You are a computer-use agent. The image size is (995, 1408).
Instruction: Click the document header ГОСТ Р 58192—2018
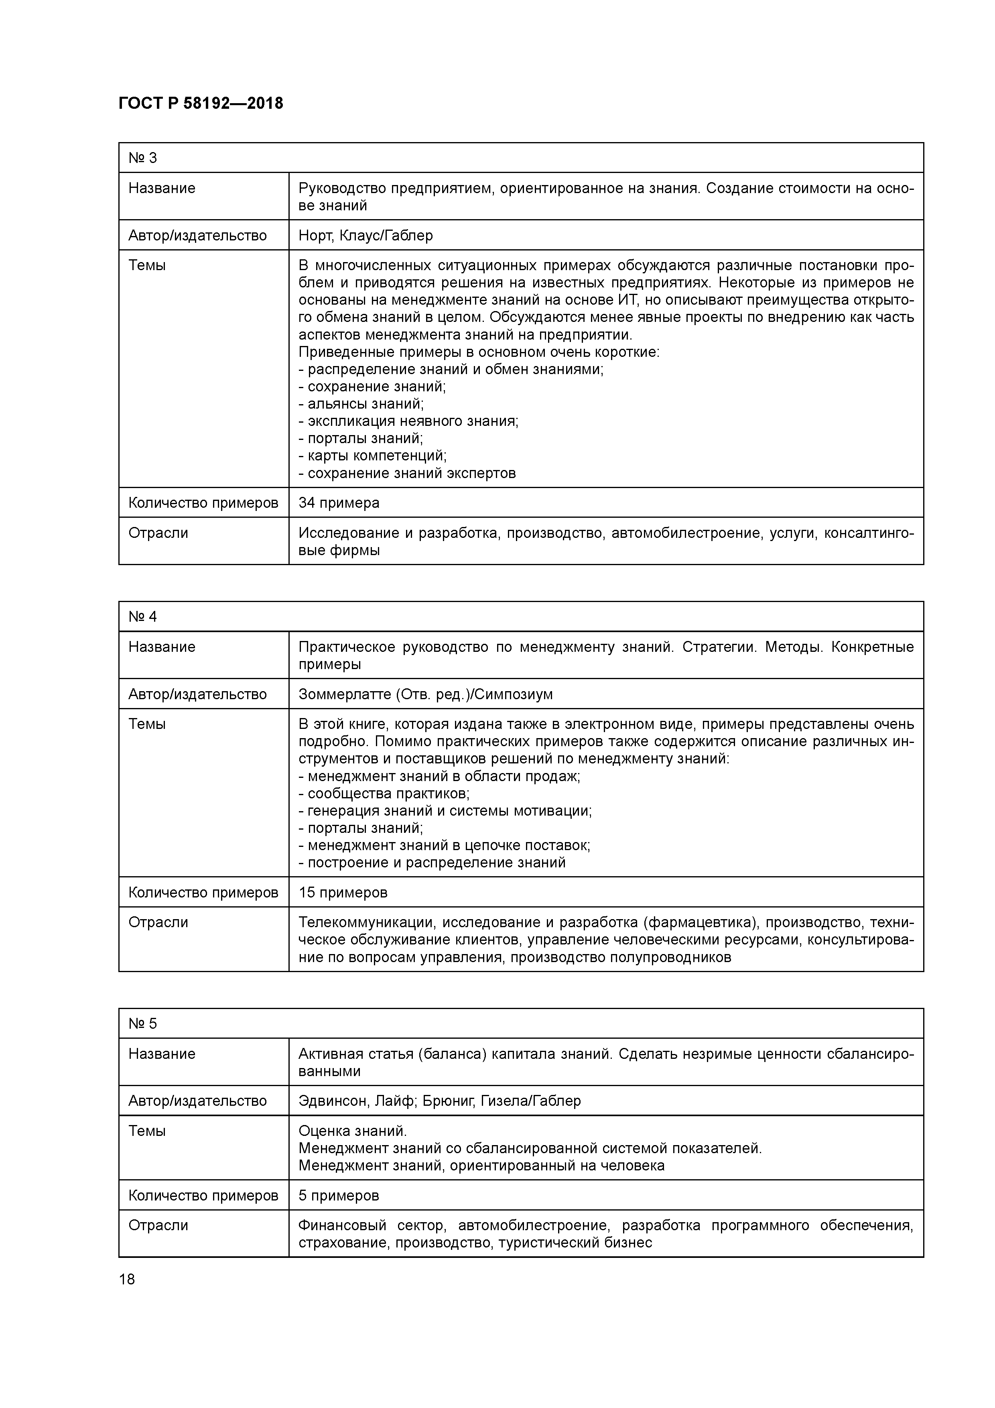click(201, 104)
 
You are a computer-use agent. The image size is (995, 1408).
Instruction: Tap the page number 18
click(127, 1279)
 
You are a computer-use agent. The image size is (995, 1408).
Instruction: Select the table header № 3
click(143, 158)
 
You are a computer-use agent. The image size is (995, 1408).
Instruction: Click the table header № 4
click(143, 617)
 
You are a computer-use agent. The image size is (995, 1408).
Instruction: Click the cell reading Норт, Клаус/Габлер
click(366, 236)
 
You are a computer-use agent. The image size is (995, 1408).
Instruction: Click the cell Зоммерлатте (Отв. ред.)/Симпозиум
click(425, 694)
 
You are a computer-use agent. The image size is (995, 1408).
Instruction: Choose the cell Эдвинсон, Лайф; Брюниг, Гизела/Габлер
click(440, 1101)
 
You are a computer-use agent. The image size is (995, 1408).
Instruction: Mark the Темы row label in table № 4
click(147, 724)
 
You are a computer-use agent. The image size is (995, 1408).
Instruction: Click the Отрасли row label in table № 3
click(158, 533)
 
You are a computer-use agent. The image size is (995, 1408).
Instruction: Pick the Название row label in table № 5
click(162, 1054)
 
